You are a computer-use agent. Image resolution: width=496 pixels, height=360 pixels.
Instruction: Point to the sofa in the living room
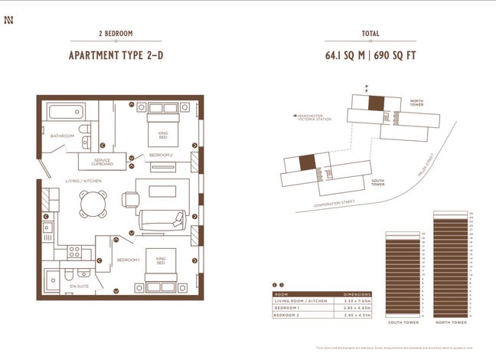(162, 221)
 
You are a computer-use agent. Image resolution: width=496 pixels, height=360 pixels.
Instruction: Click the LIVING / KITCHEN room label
(83, 180)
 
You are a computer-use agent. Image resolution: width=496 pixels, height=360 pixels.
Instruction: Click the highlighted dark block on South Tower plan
(307, 162)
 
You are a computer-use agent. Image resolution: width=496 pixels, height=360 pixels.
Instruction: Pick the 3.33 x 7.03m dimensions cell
(357, 300)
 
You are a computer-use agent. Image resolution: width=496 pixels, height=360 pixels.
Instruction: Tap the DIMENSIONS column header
(357, 293)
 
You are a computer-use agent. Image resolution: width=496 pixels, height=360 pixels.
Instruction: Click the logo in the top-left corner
(9, 10)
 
